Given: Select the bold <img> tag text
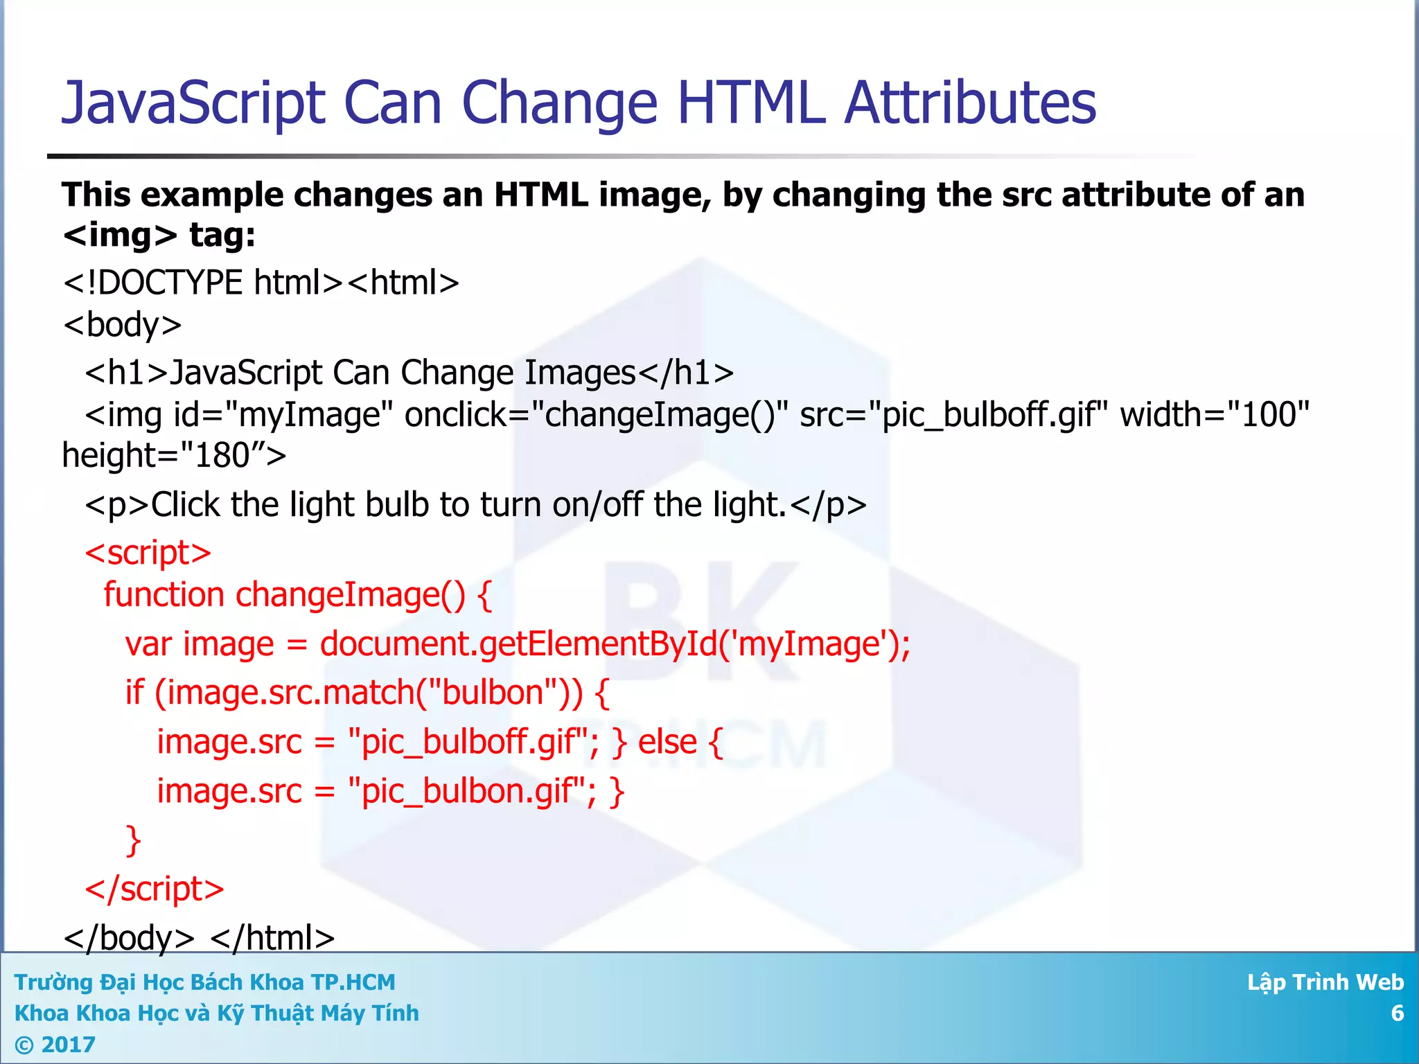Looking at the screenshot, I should pos(120,235).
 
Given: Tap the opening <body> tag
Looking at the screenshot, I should pos(122,324).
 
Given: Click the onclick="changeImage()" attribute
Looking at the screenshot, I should pos(597,415).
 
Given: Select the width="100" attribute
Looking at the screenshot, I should pos(1215,415).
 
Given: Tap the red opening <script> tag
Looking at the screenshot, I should pos(148,553).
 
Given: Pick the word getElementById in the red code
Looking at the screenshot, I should pos(598,644).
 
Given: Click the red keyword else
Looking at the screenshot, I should pos(667,742).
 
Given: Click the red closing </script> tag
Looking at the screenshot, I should pos(154,889).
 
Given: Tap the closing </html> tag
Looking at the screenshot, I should pos(272,938).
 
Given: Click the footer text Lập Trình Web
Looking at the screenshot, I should pos(1325,982).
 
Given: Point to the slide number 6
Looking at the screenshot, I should pos(1397,1013).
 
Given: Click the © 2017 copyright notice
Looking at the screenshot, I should pos(55,1045).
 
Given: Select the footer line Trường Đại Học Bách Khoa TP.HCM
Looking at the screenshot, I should pos(204,982).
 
